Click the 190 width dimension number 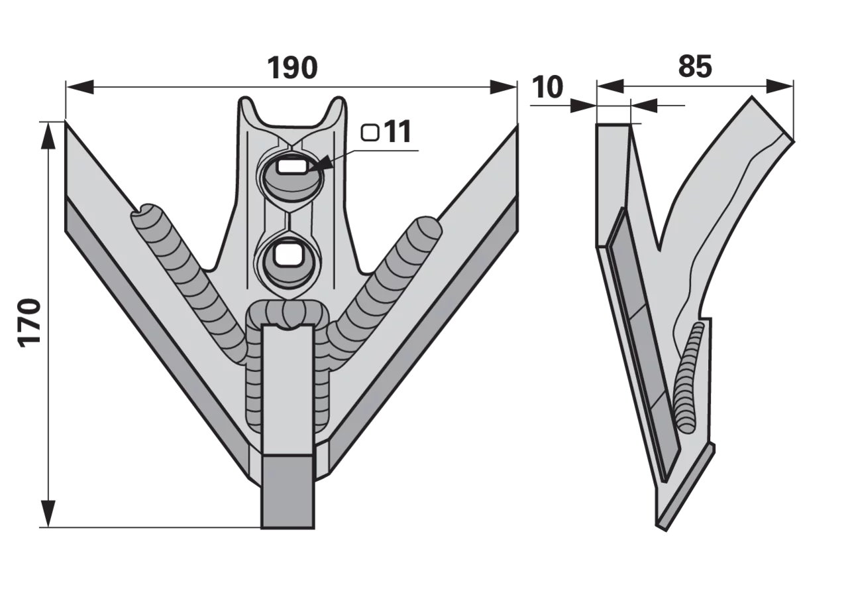click(x=292, y=68)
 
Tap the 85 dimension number click(x=695, y=67)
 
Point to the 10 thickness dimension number click(x=547, y=87)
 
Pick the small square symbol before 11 click(x=370, y=133)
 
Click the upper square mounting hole click(x=291, y=167)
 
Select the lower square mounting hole click(x=288, y=254)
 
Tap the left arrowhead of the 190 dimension click(x=79, y=87)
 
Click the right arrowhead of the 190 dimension click(x=503, y=87)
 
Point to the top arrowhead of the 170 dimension click(x=48, y=136)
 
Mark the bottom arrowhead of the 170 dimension click(x=48, y=513)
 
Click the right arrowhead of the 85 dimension click(x=780, y=86)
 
